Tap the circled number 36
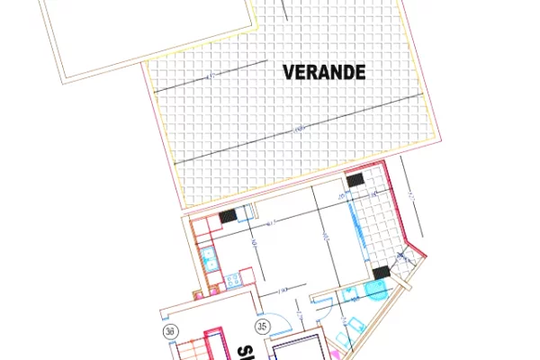click(x=169, y=330)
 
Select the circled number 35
click(x=264, y=326)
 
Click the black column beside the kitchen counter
click(x=228, y=216)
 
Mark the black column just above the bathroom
click(x=381, y=273)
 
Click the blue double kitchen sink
click(x=208, y=262)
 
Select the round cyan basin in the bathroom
click(x=374, y=290)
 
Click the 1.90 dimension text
click(x=282, y=290)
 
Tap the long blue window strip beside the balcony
click(x=365, y=235)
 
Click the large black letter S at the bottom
click(x=243, y=350)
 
